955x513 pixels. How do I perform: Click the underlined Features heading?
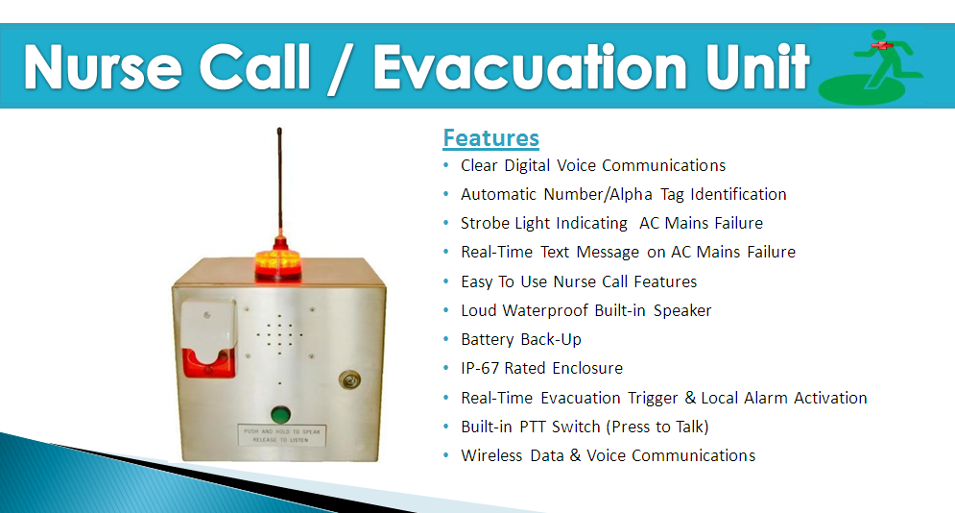coord(490,138)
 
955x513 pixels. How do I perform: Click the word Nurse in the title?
coord(103,67)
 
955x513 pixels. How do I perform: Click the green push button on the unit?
coord(279,414)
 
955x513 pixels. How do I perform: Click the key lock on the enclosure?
coord(349,380)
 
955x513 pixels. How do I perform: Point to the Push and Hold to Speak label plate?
coord(281,435)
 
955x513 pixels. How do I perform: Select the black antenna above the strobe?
coord(279,183)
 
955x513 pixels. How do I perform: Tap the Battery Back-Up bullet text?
coord(521,339)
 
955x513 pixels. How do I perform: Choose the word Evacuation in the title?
coord(530,67)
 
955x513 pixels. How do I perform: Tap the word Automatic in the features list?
coord(498,194)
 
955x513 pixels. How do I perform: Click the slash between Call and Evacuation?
coord(341,69)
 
